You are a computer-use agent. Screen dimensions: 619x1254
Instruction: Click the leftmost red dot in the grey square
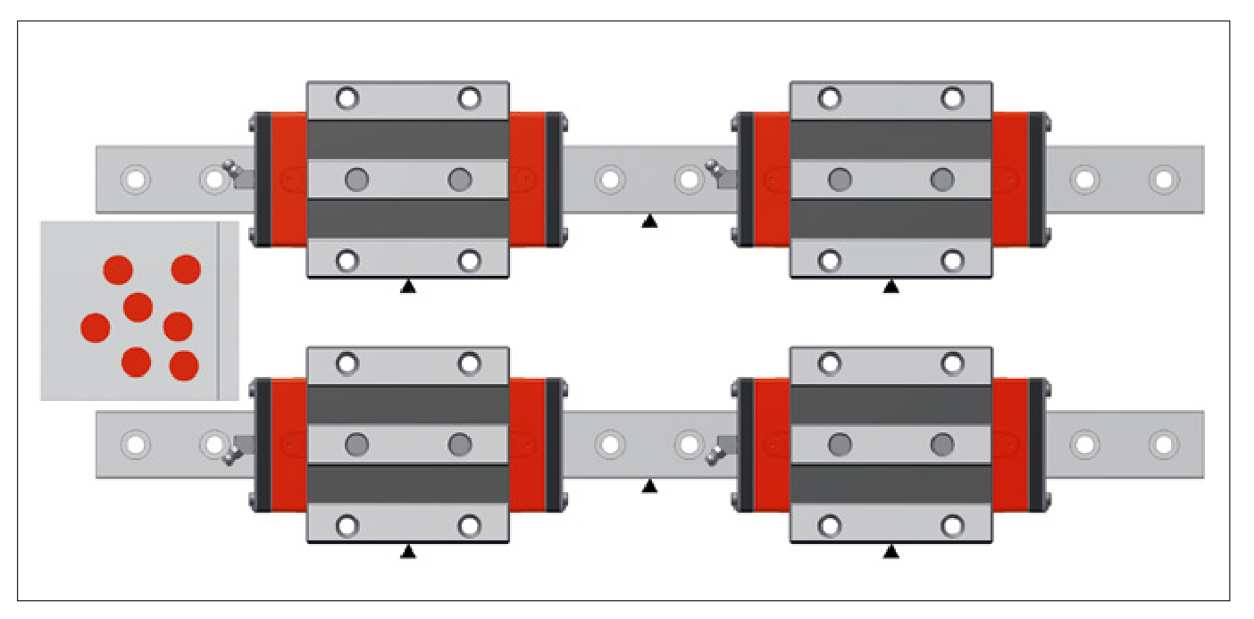(95, 328)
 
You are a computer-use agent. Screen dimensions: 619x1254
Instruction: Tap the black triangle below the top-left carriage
(408, 287)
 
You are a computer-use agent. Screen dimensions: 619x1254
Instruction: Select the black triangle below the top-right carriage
(890, 287)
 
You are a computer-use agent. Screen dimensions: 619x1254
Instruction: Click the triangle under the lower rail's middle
(649, 487)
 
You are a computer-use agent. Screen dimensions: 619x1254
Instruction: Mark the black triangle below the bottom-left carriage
(408, 552)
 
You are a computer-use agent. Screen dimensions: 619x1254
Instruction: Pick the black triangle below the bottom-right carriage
(890, 552)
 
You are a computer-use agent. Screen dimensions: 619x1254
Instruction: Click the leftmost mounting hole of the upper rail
(135, 180)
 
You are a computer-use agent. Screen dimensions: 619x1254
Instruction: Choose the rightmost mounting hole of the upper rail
(1163, 180)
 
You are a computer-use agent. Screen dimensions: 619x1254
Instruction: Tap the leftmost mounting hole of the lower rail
(135, 444)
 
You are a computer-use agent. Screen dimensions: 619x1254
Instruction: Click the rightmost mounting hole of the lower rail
(1163, 444)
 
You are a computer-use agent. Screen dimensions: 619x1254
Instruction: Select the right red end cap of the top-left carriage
(528, 180)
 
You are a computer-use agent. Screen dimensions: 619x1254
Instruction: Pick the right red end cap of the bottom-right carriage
(1011, 444)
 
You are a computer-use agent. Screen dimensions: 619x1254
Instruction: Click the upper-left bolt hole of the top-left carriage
(347, 97)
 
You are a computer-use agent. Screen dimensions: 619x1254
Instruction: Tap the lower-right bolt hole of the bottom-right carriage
(953, 525)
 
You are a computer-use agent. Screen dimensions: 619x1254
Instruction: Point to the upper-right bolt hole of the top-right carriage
(953, 97)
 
